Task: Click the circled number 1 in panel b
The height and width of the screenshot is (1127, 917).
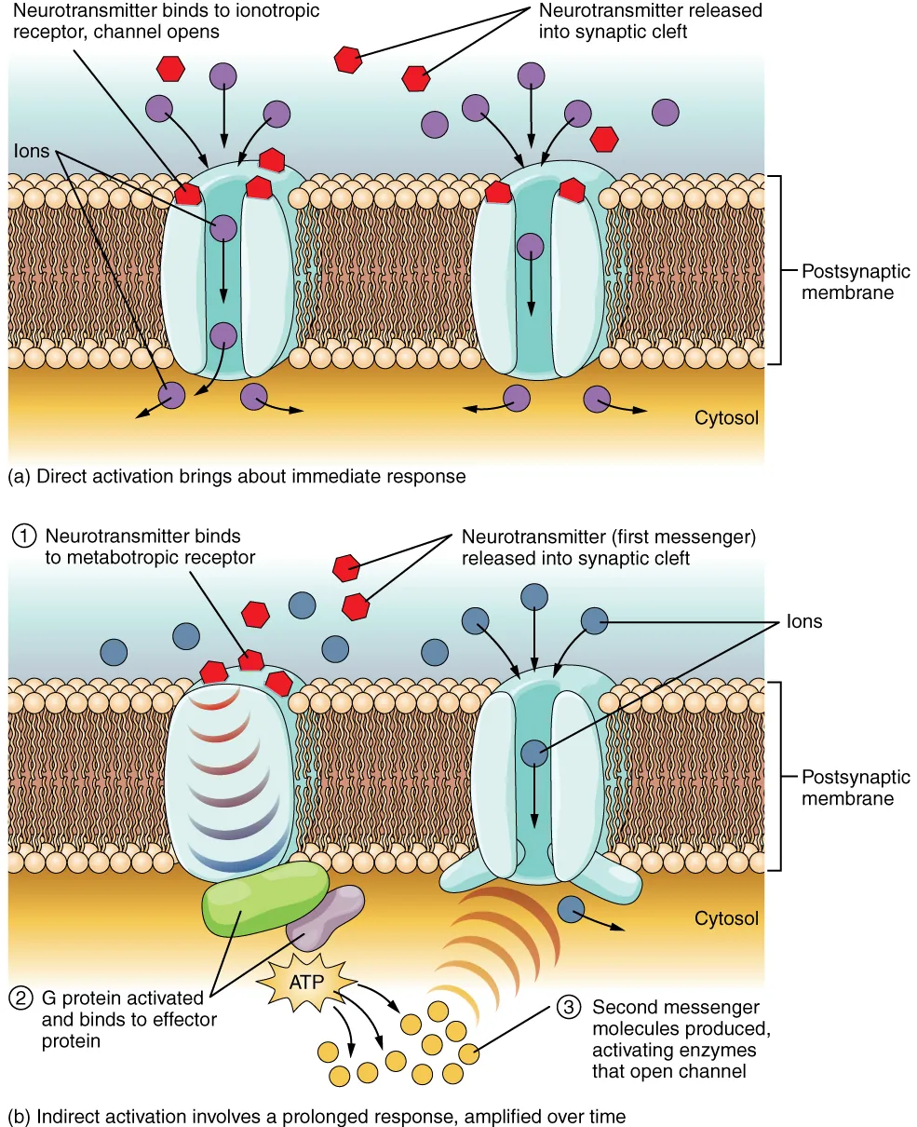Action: click(x=24, y=536)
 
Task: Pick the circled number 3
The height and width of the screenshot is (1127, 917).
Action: click(x=569, y=1007)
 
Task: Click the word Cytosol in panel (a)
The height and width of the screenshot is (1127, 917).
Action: click(x=726, y=417)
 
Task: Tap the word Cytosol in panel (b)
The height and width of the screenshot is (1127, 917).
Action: click(x=726, y=918)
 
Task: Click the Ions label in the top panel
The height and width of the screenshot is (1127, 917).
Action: click(x=32, y=151)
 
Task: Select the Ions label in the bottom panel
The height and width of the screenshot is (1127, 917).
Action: click(x=804, y=621)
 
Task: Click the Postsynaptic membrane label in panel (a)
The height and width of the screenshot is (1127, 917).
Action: click(x=847, y=282)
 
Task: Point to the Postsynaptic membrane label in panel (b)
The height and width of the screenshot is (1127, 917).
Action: click(x=847, y=788)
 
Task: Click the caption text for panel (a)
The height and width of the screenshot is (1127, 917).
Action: click(x=236, y=477)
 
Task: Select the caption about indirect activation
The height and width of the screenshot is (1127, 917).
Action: click(x=317, y=1116)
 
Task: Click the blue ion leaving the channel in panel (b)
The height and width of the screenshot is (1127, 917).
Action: click(x=571, y=910)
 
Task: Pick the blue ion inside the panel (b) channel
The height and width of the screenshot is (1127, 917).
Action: click(x=533, y=753)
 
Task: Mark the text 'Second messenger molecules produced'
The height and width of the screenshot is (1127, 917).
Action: click(x=676, y=1018)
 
